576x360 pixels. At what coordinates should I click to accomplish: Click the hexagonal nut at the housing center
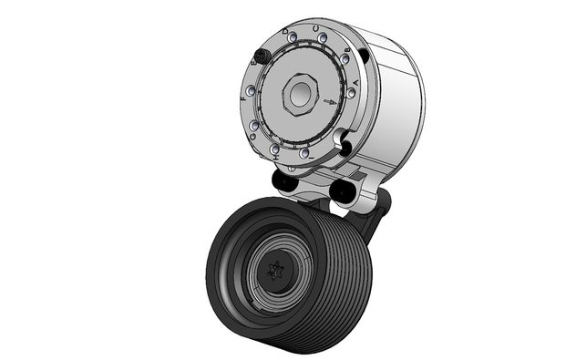point(299,93)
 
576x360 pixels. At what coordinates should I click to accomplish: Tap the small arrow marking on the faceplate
point(329,102)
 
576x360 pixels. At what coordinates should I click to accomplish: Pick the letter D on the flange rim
point(286,31)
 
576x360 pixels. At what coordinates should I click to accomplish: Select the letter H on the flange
point(274,158)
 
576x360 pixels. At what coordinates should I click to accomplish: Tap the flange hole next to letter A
point(352,93)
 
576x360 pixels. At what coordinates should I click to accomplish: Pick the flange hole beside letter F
point(251,90)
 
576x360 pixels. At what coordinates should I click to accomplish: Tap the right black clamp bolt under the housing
point(343,190)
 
